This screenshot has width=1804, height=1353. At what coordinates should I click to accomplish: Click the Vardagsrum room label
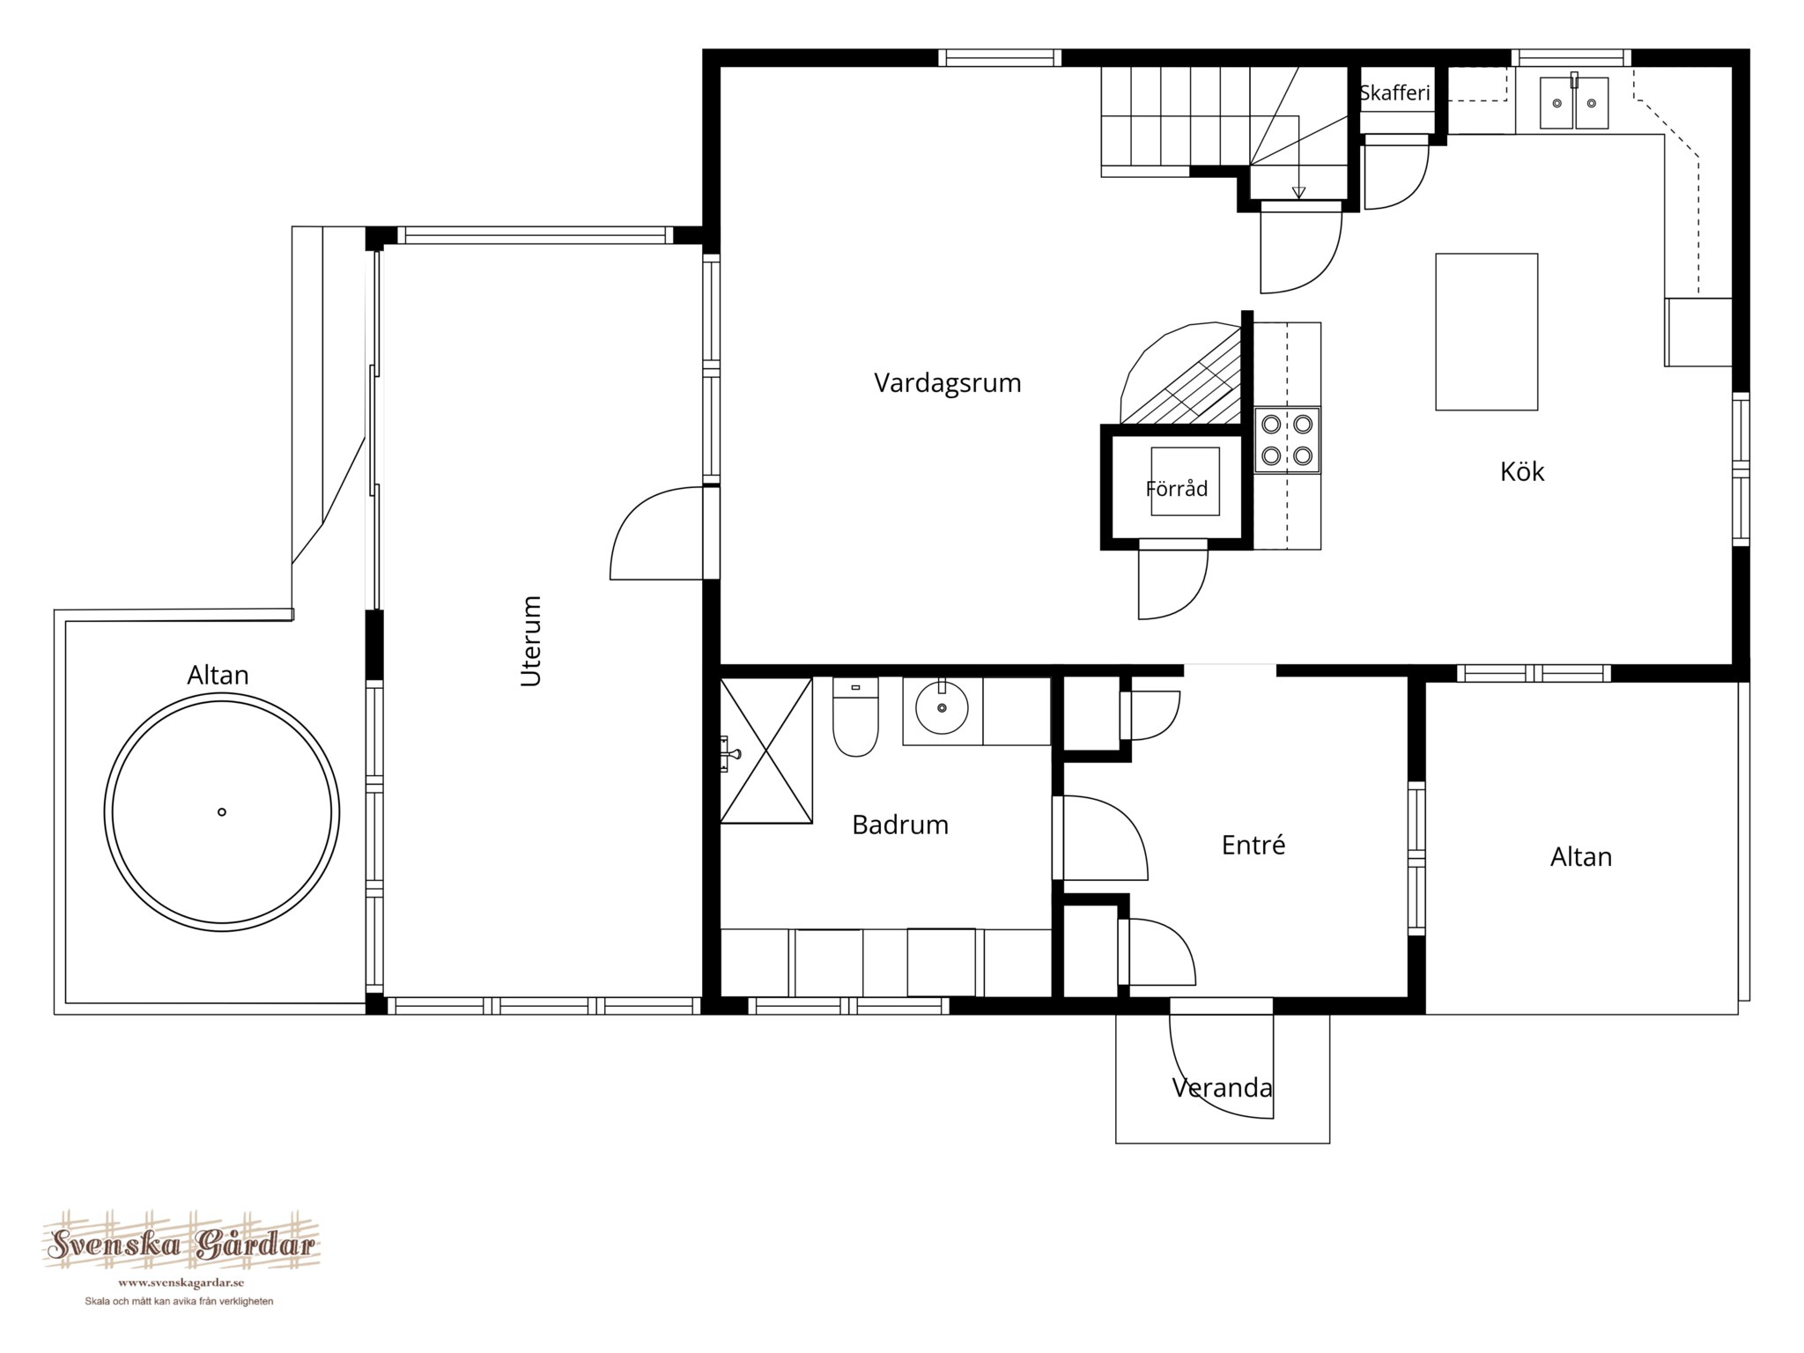click(947, 384)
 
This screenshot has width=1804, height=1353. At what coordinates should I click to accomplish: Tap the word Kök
click(1522, 471)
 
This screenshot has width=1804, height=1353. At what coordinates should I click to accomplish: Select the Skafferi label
click(1394, 93)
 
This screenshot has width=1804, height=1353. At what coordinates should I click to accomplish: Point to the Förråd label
click(1177, 488)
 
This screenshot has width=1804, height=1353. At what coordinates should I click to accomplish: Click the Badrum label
click(900, 824)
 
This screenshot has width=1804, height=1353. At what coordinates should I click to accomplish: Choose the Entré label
click(1253, 845)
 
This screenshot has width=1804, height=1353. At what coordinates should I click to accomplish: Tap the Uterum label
click(531, 640)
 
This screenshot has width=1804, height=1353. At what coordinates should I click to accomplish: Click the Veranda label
click(1222, 1088)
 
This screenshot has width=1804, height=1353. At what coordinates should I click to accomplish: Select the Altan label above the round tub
click(218, 675)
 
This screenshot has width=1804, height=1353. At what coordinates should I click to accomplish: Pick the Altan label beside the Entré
click(1581, 857)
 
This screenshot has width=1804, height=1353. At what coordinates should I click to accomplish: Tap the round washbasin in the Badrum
click(942, 706)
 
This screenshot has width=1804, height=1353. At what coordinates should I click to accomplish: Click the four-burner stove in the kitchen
click(1288, 440)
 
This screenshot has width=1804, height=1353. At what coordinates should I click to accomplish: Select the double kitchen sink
click(1574, 103)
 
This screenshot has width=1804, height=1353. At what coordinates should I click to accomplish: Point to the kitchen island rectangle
click(1487, 332)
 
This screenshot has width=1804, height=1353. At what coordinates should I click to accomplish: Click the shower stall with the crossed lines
click(766, 750)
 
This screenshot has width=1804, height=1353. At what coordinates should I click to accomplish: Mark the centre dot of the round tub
click(222, 812)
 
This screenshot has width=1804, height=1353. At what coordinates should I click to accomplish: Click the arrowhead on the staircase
click(1298, 193)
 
